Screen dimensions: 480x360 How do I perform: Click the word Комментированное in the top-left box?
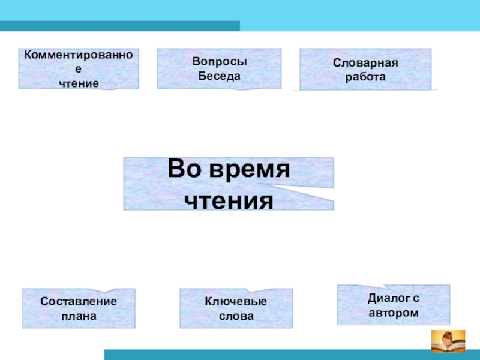click(x=79, y=55)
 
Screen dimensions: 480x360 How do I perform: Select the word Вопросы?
click(x=220, y=62)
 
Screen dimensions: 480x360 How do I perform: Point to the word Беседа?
click(x=220, y=76)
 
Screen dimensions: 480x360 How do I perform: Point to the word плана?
click(x=79, y=316)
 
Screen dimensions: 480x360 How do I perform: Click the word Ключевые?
click(x=236, y=302)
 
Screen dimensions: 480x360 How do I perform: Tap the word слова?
click(x=236, y=316)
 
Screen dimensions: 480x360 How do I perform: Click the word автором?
click(x=394, y=313)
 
